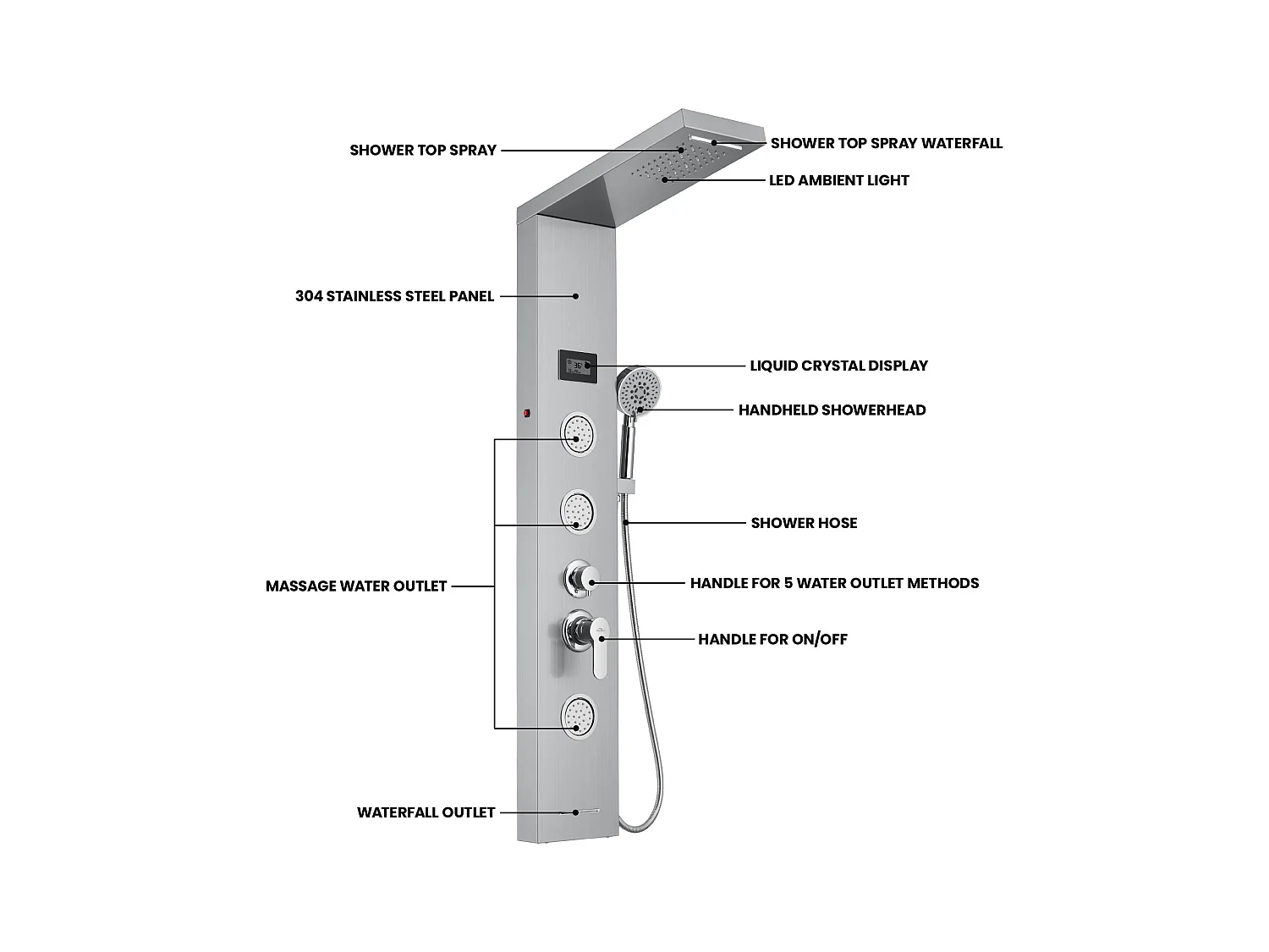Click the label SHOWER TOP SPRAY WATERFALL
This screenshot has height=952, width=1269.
[x=886, y=144]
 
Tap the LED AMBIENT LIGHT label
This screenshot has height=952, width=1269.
[x=838, y=180]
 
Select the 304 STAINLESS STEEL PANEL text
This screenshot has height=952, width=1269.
[x=394, y=296]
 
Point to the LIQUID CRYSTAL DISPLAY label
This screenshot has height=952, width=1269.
[x=838, y=366]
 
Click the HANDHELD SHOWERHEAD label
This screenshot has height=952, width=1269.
[x=832, y=410]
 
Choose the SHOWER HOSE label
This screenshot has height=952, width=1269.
[x=804, y=523]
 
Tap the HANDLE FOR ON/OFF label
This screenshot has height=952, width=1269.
[x=772, y=639]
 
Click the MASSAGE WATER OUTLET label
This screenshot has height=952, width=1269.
[x=356, y=586]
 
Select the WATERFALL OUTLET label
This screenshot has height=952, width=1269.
[x=426, y=812]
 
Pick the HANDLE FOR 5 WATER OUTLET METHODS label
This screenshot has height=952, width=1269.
[x=834, y=583]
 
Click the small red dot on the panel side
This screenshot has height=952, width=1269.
[x=526, y=414]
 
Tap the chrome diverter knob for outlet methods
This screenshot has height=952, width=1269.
[x=582, y=580]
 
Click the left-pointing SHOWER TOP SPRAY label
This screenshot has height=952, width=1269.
[x=423, y=151]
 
